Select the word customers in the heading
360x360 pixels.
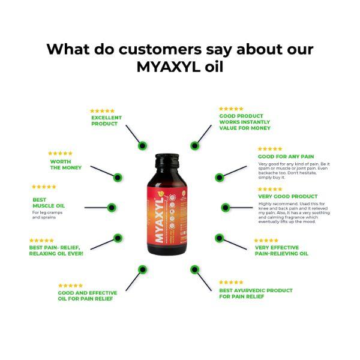[x=170, y=49]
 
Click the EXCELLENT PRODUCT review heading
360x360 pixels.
[x=106, y=121]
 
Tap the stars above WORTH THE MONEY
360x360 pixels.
[x=60, y=154]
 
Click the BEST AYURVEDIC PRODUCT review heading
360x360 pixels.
[x=256, y=293]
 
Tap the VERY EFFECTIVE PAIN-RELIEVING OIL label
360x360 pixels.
[x=281, y=250]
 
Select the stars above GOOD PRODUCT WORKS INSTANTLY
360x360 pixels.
[x=231, y=109]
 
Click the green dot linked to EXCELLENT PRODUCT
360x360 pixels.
[x=142, y=145]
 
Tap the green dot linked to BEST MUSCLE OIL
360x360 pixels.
[x=111, y=208]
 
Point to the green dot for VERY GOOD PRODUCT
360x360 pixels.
[x=224, y=208]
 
